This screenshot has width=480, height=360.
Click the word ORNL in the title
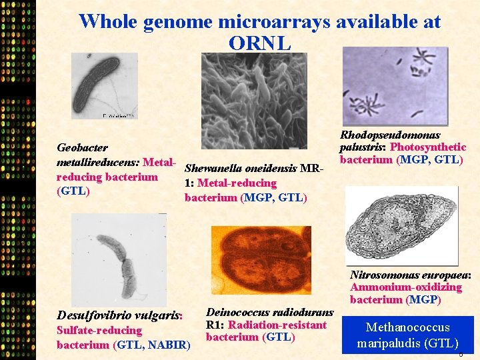(259, 43)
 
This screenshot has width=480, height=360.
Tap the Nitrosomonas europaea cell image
(403, 225)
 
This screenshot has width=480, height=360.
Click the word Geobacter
(83, 147)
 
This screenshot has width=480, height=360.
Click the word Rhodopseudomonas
(390, 135)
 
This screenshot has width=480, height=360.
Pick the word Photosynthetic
(428, 147)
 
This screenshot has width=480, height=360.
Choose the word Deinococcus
(238, 312)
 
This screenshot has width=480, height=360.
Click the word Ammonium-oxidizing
(406, 287)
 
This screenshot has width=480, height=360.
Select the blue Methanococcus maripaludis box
(407, 335)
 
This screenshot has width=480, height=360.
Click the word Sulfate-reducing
(99, 330)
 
